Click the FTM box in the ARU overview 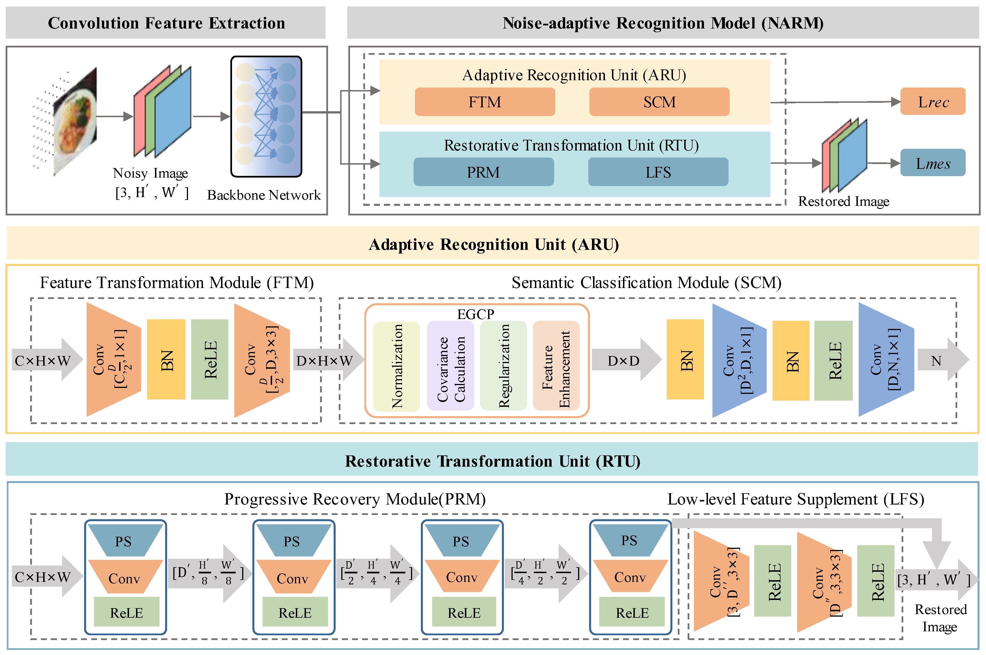484,102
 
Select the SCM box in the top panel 659,102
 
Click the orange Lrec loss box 933,102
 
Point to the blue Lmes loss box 933,163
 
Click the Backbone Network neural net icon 266,117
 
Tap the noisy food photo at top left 75,121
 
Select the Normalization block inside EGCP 396,366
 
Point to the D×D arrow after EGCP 625,360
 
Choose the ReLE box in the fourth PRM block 631,612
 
